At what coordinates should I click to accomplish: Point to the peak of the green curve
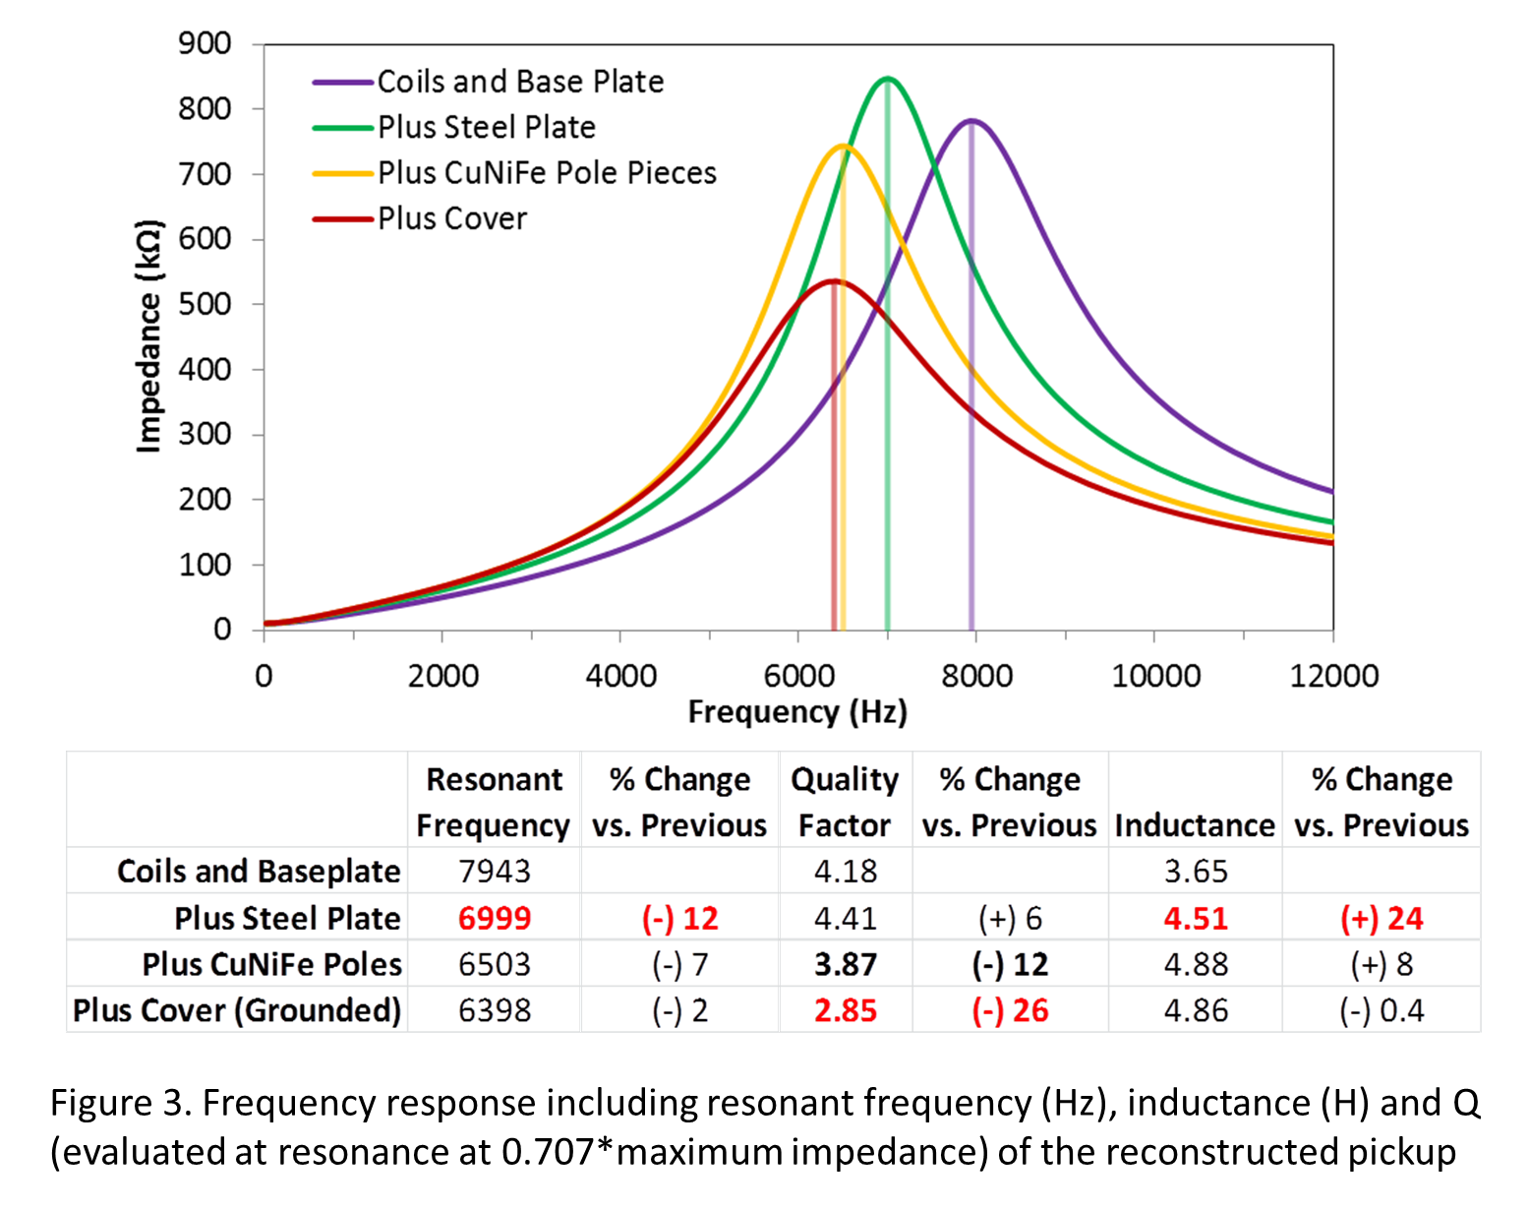point(887,79)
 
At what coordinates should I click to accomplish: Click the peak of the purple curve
point(971,121)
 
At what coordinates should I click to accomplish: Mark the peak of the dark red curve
point(834,281)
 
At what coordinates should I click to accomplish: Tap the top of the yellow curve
point(844,147)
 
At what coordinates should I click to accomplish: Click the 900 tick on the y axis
point(205,44)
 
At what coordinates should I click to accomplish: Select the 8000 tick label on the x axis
point(975,676)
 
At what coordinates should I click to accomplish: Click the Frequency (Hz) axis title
point(796,711)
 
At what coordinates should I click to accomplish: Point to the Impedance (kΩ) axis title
point(148,336)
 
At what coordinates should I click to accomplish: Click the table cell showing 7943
point(494,871)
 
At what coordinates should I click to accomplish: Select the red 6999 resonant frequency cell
point(494,918)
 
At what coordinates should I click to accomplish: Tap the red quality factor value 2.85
point(845,1010)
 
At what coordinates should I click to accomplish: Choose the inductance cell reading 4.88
point(1195,964)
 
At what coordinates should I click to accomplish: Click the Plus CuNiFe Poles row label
point(271,964)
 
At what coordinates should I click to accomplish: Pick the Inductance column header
point(1195,824)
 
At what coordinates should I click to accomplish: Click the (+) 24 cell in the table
point(1382,918)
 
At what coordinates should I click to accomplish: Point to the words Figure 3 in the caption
point(118,1103)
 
